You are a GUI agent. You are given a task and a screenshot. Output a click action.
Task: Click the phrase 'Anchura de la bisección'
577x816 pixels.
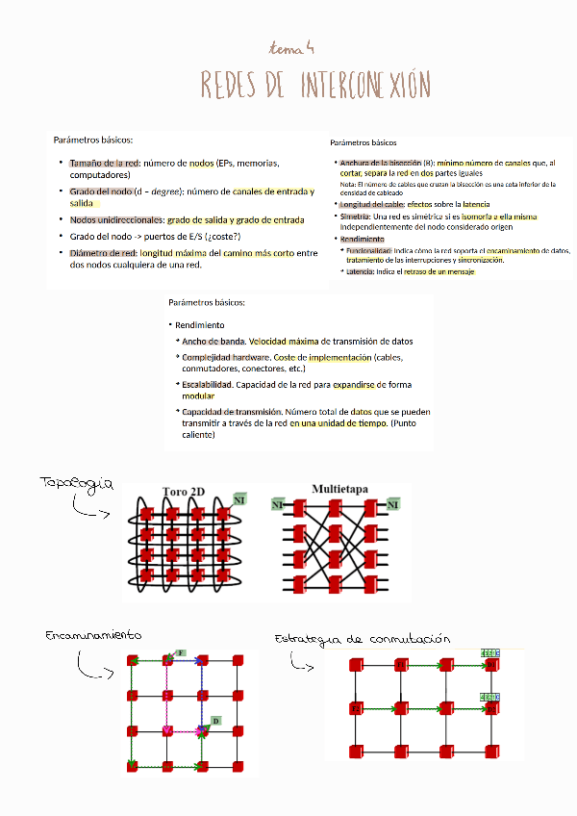(380, 163)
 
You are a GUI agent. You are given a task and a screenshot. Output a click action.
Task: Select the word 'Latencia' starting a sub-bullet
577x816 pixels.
(361, 272)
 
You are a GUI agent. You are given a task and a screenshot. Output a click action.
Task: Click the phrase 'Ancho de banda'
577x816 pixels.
(213, 341)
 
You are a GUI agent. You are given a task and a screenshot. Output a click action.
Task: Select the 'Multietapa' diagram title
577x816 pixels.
(340, 489)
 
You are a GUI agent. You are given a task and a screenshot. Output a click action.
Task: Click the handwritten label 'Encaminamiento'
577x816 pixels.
(93, 636)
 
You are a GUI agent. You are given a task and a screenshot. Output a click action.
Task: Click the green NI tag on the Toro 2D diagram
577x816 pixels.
(239, 498)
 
